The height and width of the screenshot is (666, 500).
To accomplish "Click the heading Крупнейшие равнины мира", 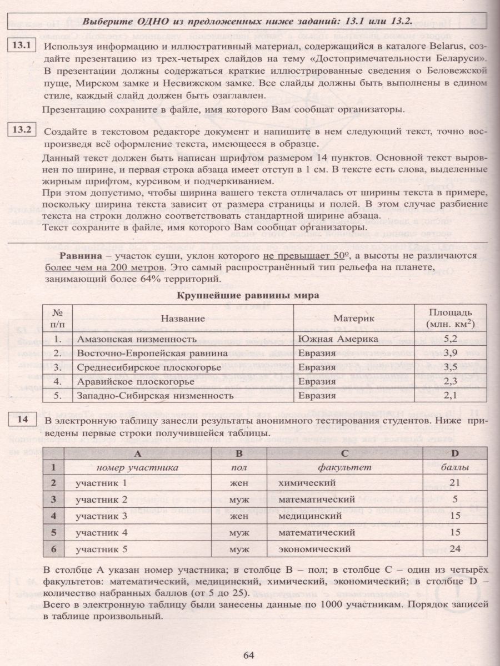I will tap(248, 295).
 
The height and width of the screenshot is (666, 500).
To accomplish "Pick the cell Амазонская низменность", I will tap(137, 339).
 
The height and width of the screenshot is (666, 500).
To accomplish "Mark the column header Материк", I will tap(352, 318).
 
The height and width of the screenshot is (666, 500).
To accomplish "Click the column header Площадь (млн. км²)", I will tap(451, 317).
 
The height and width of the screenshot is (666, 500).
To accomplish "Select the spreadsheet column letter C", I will tap(344, 453).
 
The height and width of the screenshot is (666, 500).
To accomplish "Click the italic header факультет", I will tap(344, 467).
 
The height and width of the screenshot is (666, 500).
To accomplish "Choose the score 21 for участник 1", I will tap(455, 483).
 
